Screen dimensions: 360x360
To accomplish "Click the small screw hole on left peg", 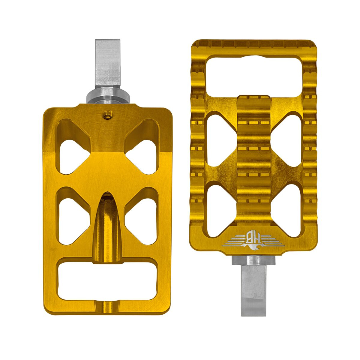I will pyautogui.click(x=107, y=114).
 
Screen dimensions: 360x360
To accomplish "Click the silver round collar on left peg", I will pyautogui.click(x=108, y=95).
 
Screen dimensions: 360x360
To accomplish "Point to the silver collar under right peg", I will pyautogui.click(x=253, y=260).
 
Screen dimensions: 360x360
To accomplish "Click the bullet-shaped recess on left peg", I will pyautogui.click(x=107, y=228).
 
